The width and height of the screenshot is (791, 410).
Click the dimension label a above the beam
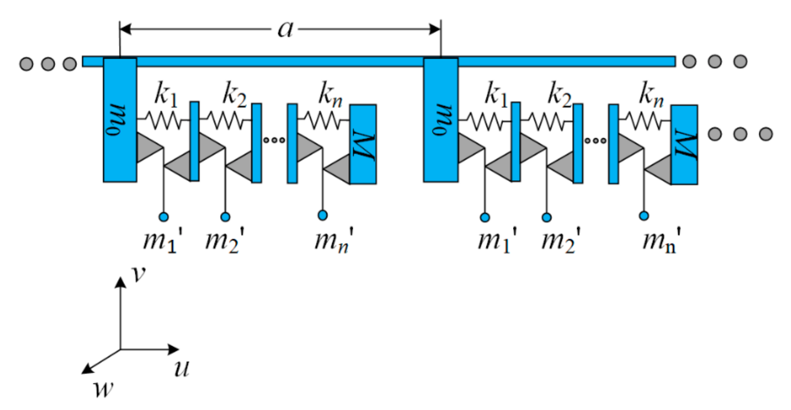pos(285,30)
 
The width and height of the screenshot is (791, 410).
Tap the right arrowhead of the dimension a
pos(435,29)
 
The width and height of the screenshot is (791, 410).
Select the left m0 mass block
pos(120,120)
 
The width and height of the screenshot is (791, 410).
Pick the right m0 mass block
pos(441,120)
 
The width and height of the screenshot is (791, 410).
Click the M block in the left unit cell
pos(363,144)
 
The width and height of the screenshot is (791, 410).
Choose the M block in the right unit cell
pos(684,145)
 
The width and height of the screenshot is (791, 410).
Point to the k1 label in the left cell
pos(165,95)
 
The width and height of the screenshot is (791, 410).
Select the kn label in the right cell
pos(651,95)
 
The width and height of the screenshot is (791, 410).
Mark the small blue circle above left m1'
pos(164,217)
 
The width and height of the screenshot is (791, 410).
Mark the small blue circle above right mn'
pos(644,216)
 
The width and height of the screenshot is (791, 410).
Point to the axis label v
pos(139,273)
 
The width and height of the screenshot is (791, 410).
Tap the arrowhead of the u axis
pos(174,349)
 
